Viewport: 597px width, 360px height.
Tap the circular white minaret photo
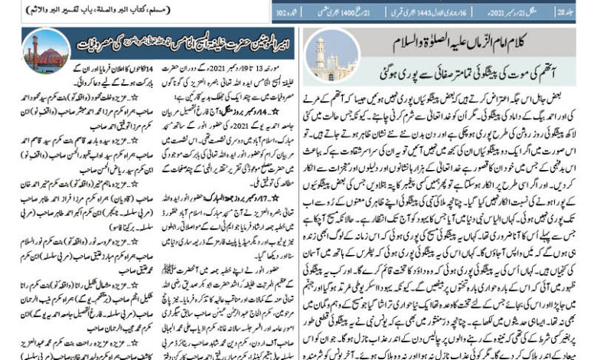tap(321, 53)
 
